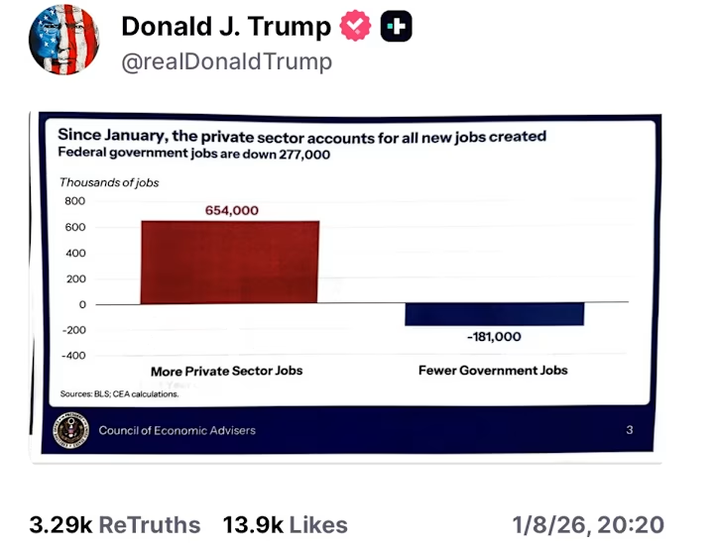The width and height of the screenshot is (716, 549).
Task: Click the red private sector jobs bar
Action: click(x=229, y=262)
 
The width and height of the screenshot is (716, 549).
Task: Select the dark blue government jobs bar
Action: click(x=494, y=313)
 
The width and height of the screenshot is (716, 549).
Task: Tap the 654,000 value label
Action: click(x=232, y=210)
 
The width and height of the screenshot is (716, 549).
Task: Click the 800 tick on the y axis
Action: click(x=74, y=201)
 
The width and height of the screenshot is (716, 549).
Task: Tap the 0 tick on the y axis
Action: click(x=82, y=304)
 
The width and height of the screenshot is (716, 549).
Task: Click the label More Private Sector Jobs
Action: click(x=226, y=371)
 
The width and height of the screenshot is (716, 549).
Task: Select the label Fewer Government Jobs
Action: click(x=493, y=370)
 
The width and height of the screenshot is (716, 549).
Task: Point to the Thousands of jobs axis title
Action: click(x=109, y=182)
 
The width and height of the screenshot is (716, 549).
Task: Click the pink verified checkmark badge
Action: click(x=354, y=28)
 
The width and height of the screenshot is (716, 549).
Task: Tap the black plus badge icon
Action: click(x=396, y=28)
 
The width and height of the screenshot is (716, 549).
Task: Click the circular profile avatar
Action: click(x=64, y=40)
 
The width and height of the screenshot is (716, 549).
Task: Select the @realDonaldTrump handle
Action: click(x=226, y=61)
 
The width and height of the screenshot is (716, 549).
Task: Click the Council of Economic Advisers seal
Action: click(x=72, y=430)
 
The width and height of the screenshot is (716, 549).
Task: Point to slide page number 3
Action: click(x=630, y=430)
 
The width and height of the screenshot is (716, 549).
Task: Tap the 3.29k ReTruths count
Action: click(x=115, y=525)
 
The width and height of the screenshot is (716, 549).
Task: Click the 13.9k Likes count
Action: click(x=285, y=525)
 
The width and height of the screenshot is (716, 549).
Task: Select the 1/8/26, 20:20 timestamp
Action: click(x=588, y=525)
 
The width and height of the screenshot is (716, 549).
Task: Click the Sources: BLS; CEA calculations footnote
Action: click(x=120, y=393)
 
